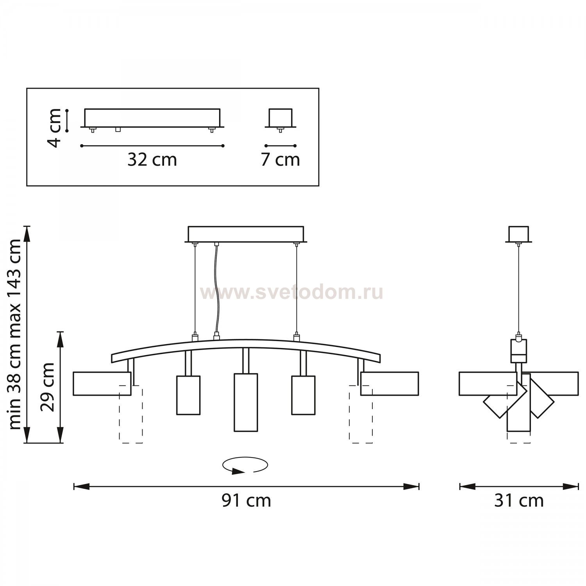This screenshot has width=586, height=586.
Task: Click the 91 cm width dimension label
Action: pos(246,500)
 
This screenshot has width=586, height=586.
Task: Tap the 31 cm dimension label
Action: pos(519,500)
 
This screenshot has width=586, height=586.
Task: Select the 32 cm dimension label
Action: pos(152,160)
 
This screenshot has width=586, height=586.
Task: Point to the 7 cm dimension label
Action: pos(280,160)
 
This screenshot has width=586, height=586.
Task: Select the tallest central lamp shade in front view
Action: pos(246,402)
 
